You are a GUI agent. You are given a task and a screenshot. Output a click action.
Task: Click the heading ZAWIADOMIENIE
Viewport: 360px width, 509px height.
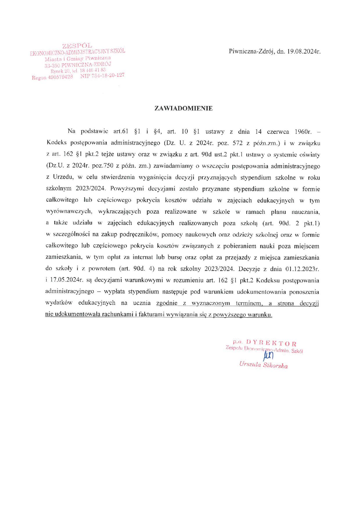[x=183, y=109]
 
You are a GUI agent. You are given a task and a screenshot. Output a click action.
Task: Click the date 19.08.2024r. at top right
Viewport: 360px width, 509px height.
[x=304, y=52]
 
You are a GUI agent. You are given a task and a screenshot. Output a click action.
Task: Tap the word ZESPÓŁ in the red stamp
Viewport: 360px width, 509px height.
[x=77, y=46]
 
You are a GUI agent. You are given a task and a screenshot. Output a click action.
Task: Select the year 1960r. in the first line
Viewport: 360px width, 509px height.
[x=303, y=132]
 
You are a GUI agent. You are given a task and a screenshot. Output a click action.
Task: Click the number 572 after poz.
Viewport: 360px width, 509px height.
[x=232, y=143]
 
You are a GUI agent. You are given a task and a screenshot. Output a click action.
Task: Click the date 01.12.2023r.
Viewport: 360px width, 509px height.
[x=302, y=269]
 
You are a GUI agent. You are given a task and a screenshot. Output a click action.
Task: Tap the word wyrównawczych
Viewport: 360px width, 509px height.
[x=69, y=212]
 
